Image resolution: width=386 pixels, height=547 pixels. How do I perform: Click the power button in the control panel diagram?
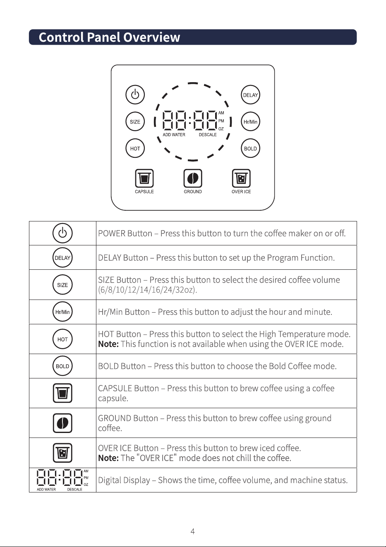135,95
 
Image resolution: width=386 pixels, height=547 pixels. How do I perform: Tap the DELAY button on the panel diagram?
250,95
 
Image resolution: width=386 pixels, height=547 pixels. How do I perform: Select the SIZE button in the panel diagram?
135,121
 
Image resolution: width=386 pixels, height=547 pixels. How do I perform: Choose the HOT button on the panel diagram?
135,148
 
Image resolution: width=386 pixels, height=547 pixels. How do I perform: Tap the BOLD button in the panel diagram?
250,148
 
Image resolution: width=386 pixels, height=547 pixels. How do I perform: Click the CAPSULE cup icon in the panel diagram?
144,178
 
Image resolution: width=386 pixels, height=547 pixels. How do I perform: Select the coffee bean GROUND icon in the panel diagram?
193,178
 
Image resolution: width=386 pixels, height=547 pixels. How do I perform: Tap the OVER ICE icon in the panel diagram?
241,178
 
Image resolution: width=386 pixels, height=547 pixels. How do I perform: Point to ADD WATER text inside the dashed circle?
174,135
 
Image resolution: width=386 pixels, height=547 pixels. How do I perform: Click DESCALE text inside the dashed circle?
208,135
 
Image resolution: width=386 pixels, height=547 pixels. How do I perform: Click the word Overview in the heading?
152,37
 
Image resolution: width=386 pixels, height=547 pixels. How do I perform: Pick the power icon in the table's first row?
62,233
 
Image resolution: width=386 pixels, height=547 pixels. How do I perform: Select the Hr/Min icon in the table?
62,312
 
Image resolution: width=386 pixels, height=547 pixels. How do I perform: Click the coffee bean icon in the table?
62,423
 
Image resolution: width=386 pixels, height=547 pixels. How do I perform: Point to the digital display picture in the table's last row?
62,480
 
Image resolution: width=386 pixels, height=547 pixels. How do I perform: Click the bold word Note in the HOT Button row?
108,344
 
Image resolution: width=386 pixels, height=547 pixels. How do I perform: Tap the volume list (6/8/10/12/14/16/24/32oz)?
148,290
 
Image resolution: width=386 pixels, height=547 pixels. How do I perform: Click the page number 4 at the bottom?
193,531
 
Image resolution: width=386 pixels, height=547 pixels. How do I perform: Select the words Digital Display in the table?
124,480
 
